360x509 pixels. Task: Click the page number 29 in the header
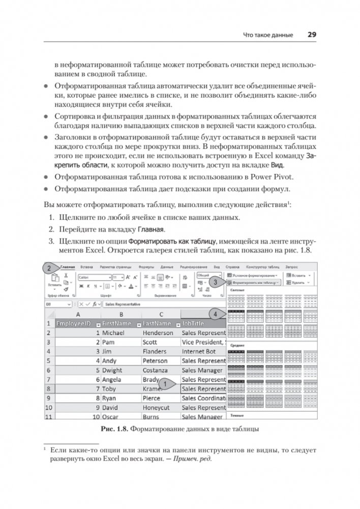coord(312,35)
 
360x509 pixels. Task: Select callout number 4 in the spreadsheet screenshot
coord(216,314)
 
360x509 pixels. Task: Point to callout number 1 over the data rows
coord(164,384)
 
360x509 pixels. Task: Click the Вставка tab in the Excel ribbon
coord(86,266)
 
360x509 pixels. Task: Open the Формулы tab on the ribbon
coord(146,266)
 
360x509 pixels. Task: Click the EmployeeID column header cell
coord(76,323)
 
